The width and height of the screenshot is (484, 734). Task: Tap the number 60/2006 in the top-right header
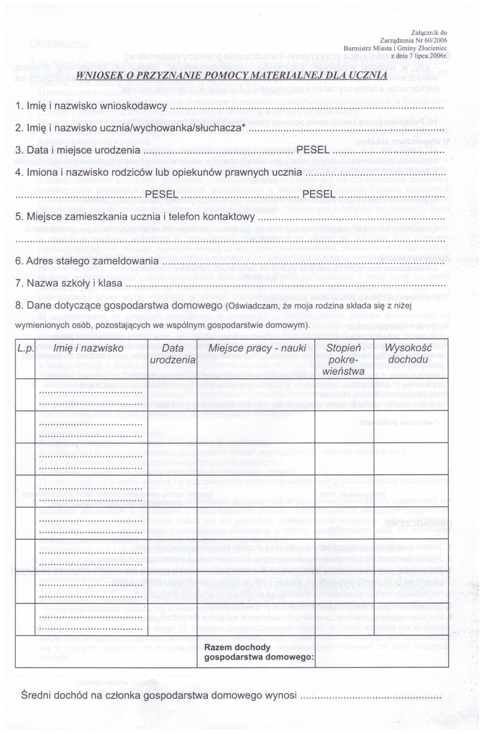[433, 40]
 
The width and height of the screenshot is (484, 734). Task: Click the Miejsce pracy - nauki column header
[257, 348]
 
